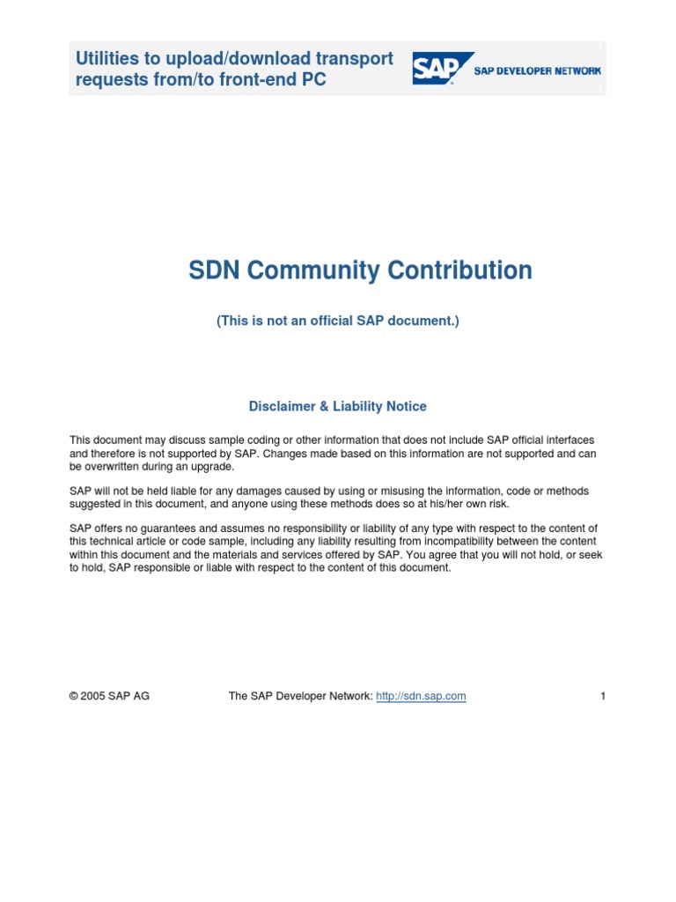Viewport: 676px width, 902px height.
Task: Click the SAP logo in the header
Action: (x=443, y=68)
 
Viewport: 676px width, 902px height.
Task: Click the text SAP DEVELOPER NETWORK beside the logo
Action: (x=538, y=70)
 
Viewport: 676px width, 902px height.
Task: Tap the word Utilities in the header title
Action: (x=107, y=59)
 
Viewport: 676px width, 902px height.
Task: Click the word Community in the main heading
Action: (x=321, y=270)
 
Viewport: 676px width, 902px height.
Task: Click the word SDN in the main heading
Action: (x=215, y=270)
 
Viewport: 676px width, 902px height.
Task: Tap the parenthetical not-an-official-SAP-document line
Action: (x=338, y=322)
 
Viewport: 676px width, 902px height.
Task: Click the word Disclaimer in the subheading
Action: (x=281, y=406)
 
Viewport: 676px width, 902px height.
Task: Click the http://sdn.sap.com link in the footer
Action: (x=421, y=696)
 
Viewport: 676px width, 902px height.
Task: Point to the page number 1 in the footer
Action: (x=603, y=696)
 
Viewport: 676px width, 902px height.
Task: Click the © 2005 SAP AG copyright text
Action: (x=109, y=696)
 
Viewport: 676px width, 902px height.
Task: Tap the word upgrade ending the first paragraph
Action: (x=215, y=466)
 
